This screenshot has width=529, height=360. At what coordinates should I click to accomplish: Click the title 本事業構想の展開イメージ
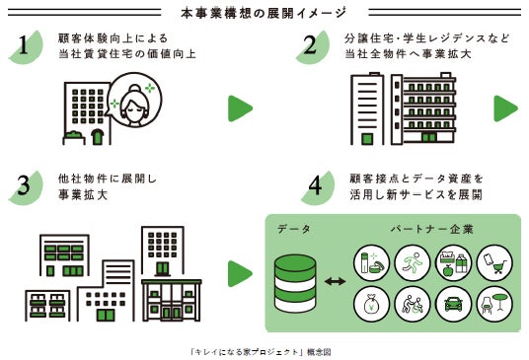(264, 13)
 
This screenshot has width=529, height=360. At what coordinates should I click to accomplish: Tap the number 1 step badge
(27, 47)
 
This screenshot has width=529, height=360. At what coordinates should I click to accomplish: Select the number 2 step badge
(313, 47)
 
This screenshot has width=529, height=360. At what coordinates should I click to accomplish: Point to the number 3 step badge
(27, 187)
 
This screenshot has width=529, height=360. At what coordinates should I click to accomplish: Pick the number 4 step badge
(317, 187)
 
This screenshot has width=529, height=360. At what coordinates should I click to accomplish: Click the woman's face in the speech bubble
(135, 106)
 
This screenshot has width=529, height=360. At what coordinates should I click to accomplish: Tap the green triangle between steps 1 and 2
(240, 108)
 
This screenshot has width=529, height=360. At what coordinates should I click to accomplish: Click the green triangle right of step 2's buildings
(505, 108)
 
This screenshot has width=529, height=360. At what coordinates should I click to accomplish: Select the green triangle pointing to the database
(240, 274)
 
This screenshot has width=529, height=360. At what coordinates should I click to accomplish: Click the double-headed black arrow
(335, 281)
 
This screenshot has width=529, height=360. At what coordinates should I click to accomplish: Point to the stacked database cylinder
(295, 283)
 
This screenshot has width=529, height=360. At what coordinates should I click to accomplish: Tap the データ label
(294, 229)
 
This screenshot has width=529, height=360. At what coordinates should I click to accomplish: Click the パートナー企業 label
(432, 229)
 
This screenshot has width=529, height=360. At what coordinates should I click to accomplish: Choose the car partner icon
(453, 304)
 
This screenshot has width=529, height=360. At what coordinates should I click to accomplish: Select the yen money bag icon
(371, 304)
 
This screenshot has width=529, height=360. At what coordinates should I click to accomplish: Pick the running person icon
(413, 263)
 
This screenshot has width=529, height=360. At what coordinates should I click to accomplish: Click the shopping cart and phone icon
(494, 263)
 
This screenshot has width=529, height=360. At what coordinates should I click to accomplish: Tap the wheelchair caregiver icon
(413, 304)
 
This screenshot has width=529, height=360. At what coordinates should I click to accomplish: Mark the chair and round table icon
(494, 304)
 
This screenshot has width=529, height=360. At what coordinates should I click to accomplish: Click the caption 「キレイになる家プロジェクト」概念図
(261, 352)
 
